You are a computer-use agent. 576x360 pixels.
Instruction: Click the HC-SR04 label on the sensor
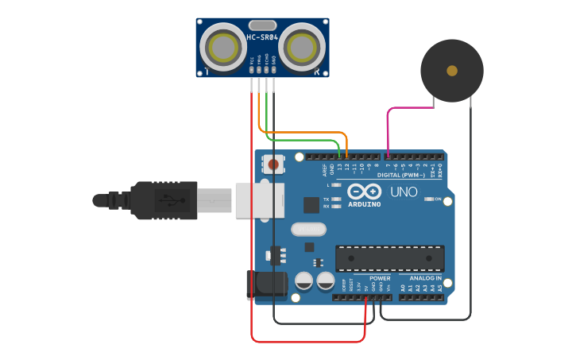point(262,37)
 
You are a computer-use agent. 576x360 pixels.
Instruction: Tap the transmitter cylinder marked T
point(222,47)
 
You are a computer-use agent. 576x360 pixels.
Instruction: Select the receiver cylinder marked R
point(302,47)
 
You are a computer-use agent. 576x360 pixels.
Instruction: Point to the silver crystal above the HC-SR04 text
point(262,25)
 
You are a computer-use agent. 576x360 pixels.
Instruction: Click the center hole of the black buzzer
point(452,71)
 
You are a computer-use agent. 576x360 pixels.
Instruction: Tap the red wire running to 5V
point(252,238)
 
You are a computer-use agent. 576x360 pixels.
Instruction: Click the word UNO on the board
point(404,192)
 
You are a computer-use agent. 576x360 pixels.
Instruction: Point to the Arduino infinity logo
point(362,192)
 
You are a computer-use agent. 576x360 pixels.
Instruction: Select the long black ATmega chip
point(389,258)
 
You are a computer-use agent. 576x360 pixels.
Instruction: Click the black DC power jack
point(265,285)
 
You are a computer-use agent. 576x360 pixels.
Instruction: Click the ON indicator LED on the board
point(429,199)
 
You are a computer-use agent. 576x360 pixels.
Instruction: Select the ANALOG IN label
point(426,278)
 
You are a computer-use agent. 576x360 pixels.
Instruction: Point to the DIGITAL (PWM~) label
point(400,175)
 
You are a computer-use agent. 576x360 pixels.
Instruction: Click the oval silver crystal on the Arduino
point(308,230)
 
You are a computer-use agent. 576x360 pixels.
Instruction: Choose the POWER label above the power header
point(380,278)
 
